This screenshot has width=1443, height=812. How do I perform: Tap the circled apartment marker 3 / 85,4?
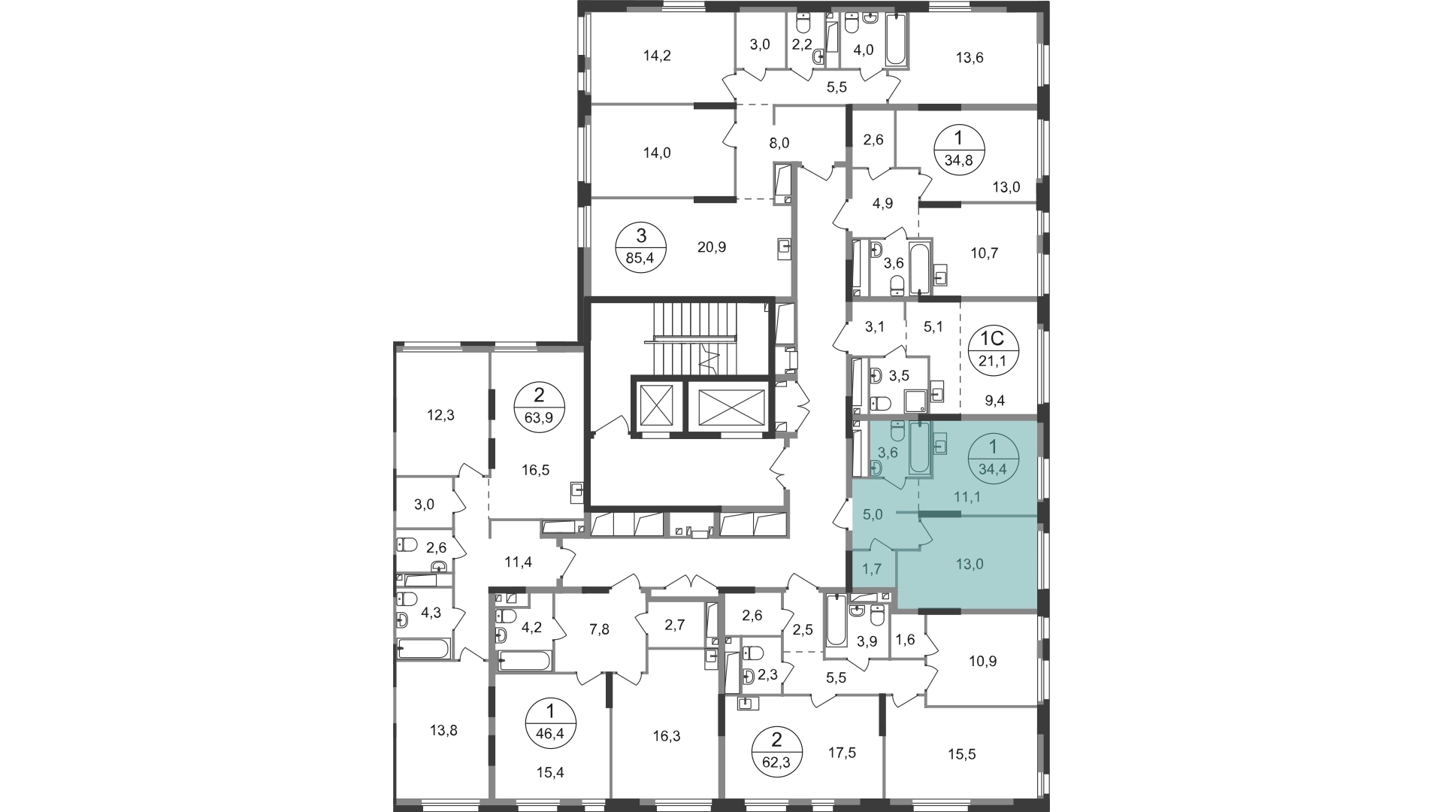(641, 247)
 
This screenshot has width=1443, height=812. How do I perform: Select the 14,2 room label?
(657, 55)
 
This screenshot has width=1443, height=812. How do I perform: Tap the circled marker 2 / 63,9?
(539, 406)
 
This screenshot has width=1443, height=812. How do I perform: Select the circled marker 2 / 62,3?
(778, 753)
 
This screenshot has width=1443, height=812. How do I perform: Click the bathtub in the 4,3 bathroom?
(424, 648)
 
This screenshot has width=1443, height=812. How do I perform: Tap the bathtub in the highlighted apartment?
(920, 448)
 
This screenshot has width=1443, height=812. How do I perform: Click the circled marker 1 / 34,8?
(958, 151)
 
